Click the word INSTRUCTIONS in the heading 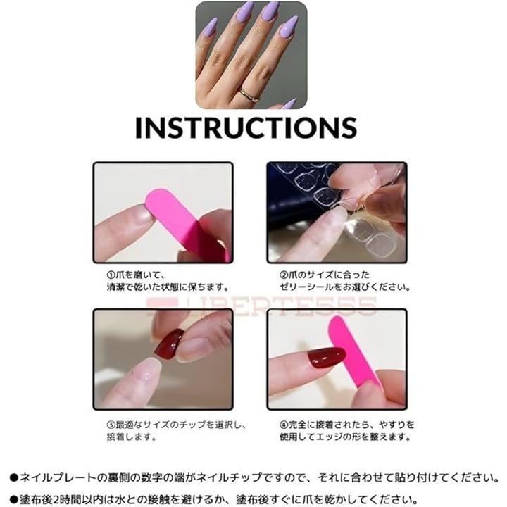click(x=246, y=127)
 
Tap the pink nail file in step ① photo click(x=187, y=223)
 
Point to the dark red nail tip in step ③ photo click(x=168, y=344)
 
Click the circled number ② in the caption click(x=284, y=275)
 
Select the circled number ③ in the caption click(x=111, y=425)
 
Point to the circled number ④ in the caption click(x=284, y=425)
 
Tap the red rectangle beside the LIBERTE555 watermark click(x=162, y=306)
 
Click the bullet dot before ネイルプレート click(x=14, y=478)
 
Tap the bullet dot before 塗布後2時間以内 click(x=14, y=499)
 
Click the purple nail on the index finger click(x=211, y=27)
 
